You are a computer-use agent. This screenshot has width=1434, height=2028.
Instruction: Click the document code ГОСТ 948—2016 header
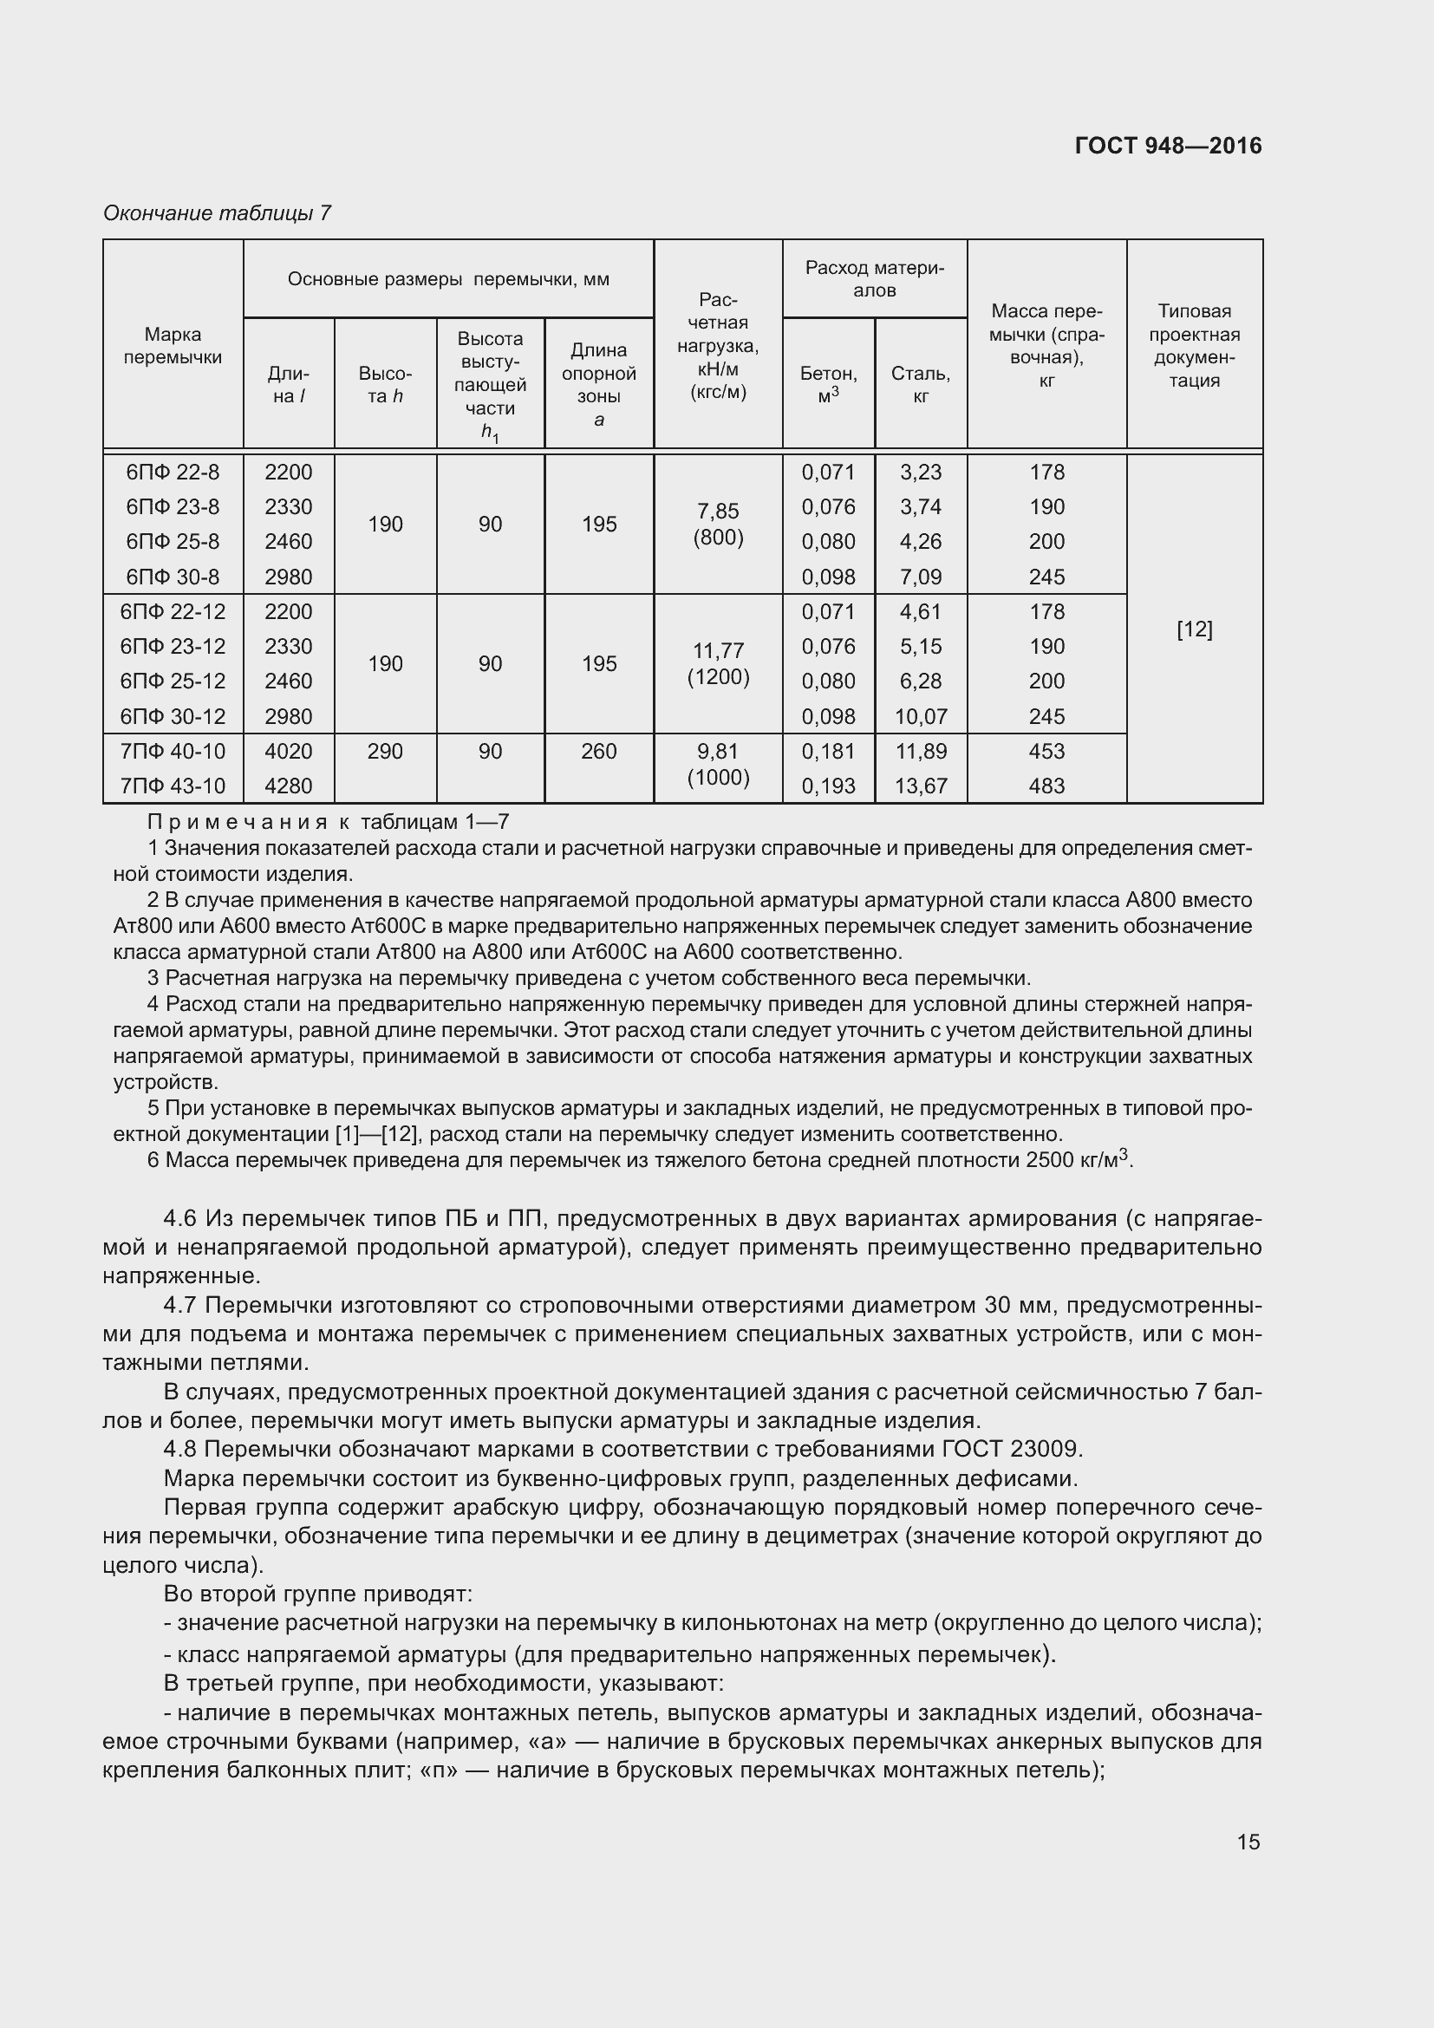pyautogui.click(x=1167, y=146)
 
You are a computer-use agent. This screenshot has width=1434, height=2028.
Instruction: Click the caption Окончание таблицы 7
pyautogui.click(x=218, y=213)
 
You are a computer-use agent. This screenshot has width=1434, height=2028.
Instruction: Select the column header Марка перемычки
pyautogui.click(x=173, y=346)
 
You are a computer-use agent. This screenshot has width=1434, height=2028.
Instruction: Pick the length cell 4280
pyautogui.click(x=288, y=786)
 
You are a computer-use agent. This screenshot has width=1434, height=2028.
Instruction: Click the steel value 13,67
pyautogui.click(x=920, y=786)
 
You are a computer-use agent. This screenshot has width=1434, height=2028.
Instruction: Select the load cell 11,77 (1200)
pyautogui.click(x=718, y=663)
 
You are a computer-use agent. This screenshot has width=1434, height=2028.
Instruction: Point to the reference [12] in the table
pyautogui.click(x=1194, y=629)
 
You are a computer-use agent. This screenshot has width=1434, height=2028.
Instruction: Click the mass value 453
pyautogui.click(x=1046, y=751)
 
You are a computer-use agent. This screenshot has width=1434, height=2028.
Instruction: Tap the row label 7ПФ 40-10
pyautogui.click(x=173, y=751)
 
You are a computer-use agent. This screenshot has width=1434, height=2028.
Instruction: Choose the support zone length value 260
pyautogui.click(x=599, y=751)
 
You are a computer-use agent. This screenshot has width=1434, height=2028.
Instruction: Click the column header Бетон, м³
pyautogui.click(x=827, y=384)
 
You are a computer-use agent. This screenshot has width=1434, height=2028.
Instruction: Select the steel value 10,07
pyautogui.click(x=920, y=716)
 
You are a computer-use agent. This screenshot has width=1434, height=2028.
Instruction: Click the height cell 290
pyautogui.click(x=385, y=751)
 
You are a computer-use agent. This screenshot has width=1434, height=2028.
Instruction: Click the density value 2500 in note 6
pyautogui.click(x=1050, y=1160)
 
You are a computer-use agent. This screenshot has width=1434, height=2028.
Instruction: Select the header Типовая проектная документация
pyautogui.click(x=1194, y=345)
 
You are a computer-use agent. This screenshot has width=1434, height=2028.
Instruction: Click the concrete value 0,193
pyautogui.click(x=827, y=786)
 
